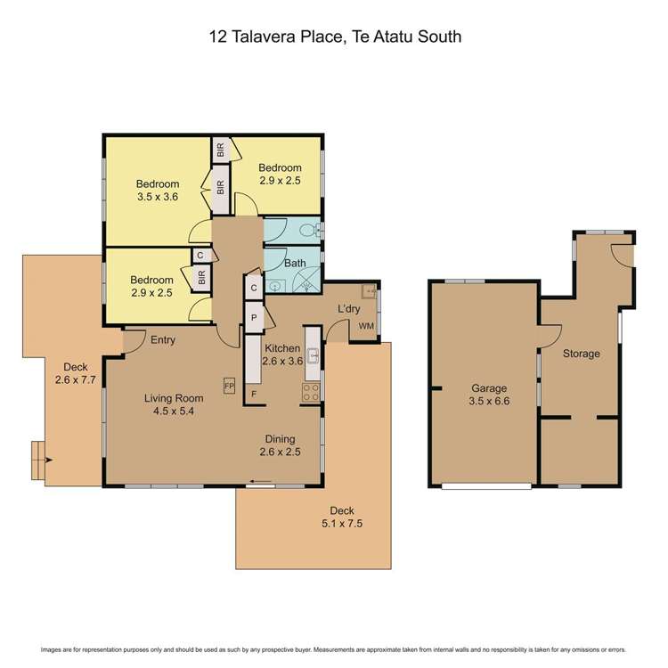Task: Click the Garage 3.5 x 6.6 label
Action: point(489,395)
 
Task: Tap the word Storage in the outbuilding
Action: point(581,354)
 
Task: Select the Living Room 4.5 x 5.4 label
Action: point(175,405)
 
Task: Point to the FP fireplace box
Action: point(229,387)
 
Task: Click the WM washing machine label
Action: point(365,327)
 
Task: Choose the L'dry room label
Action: point(347,308)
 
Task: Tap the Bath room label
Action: point(294,264)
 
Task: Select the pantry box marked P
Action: point(254,318)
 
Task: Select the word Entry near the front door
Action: point(162,340)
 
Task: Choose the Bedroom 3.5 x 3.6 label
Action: point(159,190)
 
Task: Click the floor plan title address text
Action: point(334,37)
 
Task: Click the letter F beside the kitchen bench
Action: point(254,393)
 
